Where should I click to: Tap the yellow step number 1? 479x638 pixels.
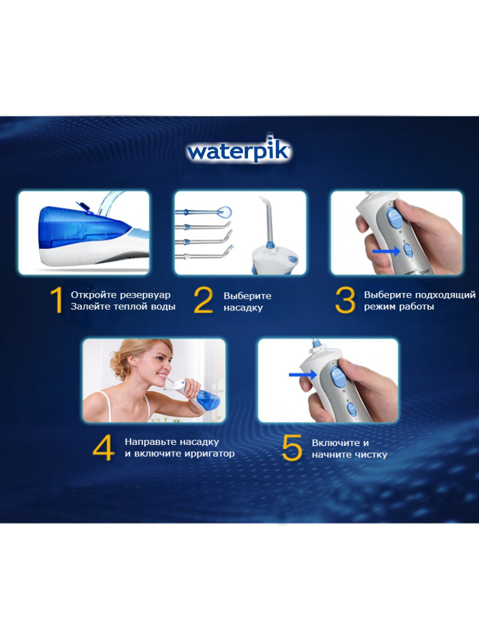57,300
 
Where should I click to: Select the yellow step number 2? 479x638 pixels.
203,300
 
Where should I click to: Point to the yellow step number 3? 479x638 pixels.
345,300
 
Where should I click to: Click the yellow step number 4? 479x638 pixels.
103,448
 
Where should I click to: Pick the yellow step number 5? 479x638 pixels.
292,448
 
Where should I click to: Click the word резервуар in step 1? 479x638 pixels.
145,295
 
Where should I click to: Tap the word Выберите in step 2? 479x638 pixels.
247,296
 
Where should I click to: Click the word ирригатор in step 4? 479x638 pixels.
209,454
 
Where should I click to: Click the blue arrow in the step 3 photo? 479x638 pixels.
386,251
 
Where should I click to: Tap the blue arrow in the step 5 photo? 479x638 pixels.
303,375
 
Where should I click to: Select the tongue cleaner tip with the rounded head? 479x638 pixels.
204,212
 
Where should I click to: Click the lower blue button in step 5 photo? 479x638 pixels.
351,408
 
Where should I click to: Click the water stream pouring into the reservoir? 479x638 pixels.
109,202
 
